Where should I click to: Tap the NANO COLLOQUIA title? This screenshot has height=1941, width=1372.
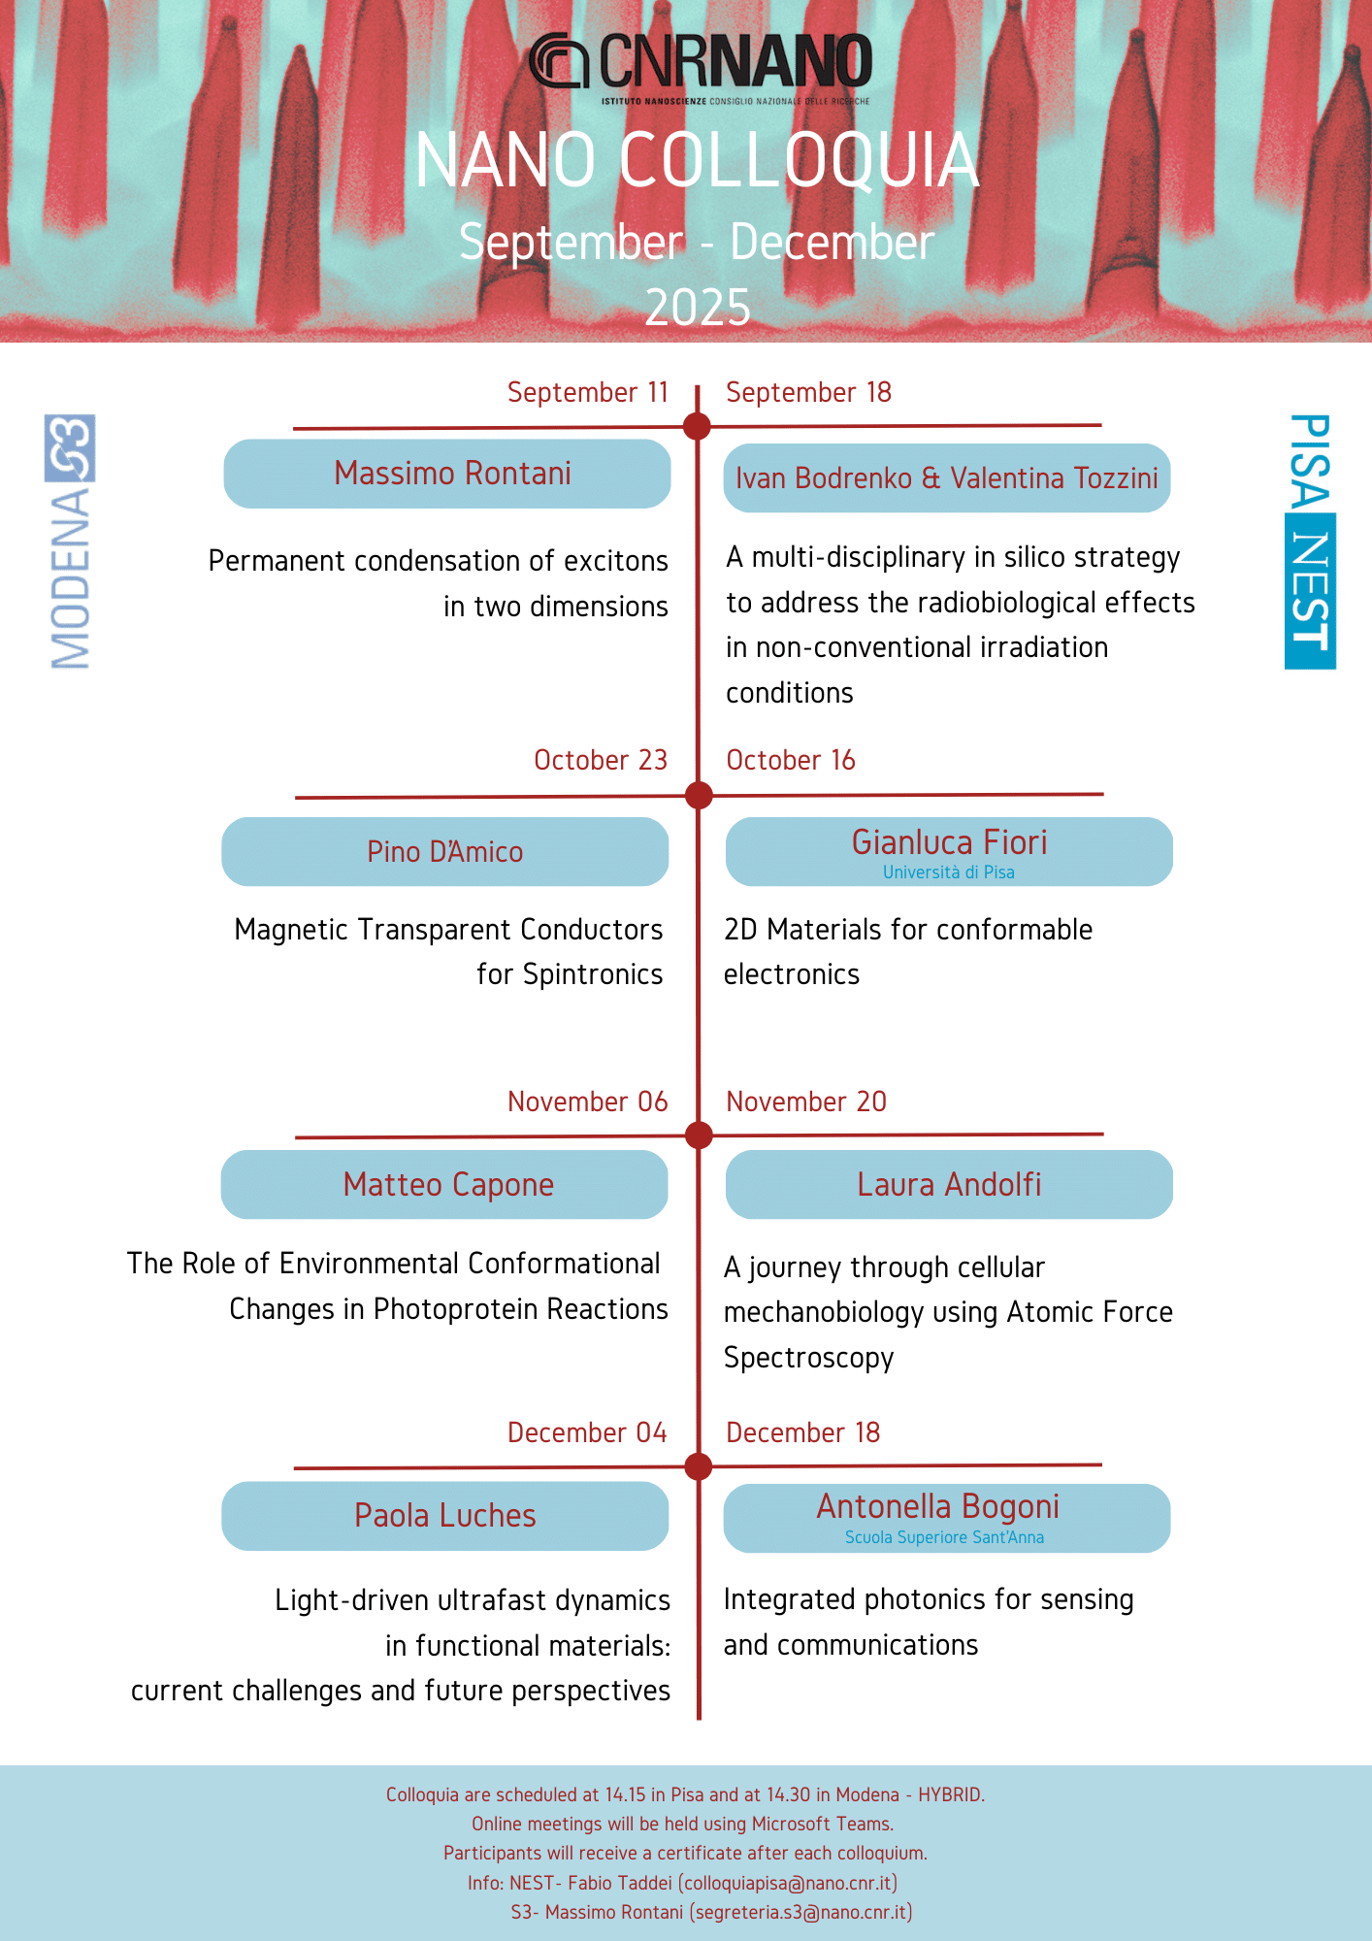click(697, 161)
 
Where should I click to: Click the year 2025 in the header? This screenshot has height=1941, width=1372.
click(698, 308)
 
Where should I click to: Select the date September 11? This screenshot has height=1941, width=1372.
click(588, 392)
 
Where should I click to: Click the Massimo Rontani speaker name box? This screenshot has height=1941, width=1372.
click(447, 474)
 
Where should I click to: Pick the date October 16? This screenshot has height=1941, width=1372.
click(791, 760)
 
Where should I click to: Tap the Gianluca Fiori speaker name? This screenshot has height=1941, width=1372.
click(949, 842)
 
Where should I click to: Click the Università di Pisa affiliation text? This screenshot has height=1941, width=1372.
click(948, 872)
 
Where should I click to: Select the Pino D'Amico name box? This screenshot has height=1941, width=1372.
click(445, 852)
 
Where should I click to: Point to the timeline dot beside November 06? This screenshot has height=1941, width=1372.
click(699, 1135)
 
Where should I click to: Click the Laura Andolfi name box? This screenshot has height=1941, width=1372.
click(949, 1185)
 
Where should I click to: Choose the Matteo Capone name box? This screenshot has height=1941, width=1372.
click(445, 1185)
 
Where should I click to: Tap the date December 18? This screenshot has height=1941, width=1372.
click(802, 1432)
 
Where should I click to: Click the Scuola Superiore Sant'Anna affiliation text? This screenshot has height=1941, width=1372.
click(944, 1537)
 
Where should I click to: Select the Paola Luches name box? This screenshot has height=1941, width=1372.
click(445, 1516)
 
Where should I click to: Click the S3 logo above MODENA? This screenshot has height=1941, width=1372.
click(70, 448)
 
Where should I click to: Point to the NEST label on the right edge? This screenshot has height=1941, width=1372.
click(1310, 591)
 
